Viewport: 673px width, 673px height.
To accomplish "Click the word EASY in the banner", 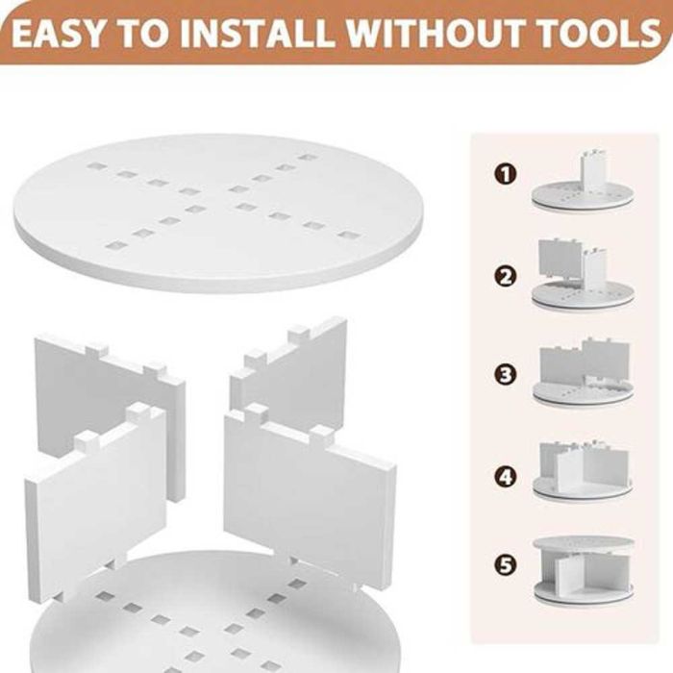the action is point(58,33).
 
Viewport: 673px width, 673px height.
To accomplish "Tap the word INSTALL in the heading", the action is point(256,33).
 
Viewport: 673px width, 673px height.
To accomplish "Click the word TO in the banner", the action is point(142,33).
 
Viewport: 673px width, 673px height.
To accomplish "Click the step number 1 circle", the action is point(506,175).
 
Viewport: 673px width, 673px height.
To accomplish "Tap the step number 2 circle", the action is point(506,277).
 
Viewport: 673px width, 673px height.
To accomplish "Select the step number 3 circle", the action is point(506,374).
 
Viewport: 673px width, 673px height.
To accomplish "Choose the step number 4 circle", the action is point(506,477).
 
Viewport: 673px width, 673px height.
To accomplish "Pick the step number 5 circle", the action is point(506,565).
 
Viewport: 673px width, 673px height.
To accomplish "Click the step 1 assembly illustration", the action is point(583,182).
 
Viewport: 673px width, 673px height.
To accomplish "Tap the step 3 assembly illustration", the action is point(583,374).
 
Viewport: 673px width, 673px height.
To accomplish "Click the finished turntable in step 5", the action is point(584,571).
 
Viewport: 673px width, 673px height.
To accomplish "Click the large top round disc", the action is point(218,213).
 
